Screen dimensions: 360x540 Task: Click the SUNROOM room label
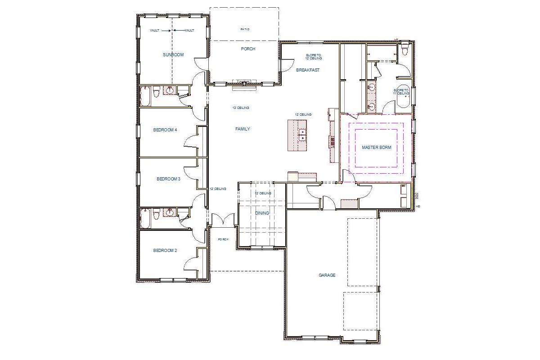(173, 55)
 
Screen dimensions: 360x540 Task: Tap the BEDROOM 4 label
(165, 130)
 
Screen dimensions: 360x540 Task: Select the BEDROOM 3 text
(168, 179)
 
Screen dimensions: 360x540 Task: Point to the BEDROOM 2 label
(165, 250)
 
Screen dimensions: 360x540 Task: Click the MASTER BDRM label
(376, 147)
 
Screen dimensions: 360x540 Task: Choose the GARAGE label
(327, 275)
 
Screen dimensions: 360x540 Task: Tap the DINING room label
(262, 213)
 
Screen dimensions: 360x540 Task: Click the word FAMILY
(243, 129)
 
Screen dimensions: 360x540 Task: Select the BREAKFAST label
(308, 70)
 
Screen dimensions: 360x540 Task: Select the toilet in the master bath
(405, 49)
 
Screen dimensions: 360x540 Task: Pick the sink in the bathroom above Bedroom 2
(170, 213)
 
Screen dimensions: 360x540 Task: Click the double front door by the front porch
(224, 220)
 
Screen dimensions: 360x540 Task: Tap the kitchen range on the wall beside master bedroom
(333, 142)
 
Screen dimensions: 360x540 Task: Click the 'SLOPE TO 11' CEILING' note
(401, 92)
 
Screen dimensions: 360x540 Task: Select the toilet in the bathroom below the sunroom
(157, 93)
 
